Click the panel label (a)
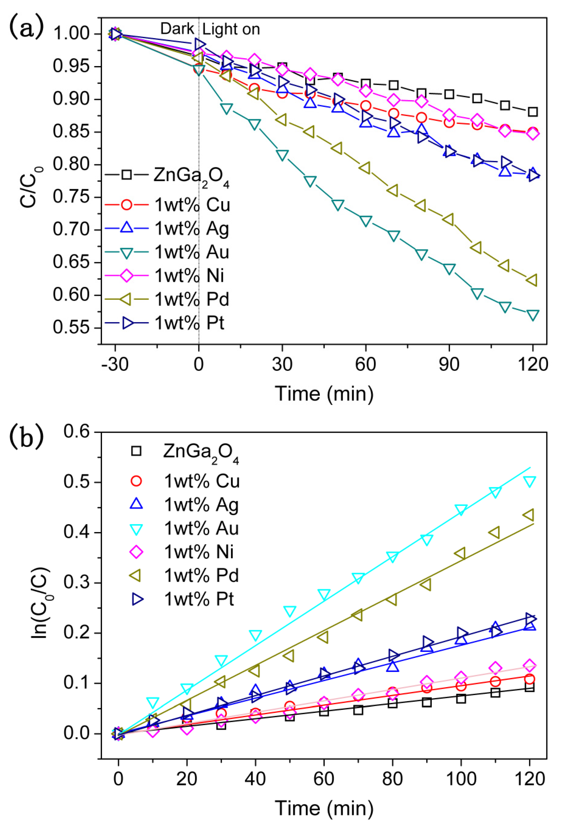(27, 28)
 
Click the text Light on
(231, 29)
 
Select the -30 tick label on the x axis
(114, 364)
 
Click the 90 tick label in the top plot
(449, 364)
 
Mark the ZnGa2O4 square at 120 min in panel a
(532, 112)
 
